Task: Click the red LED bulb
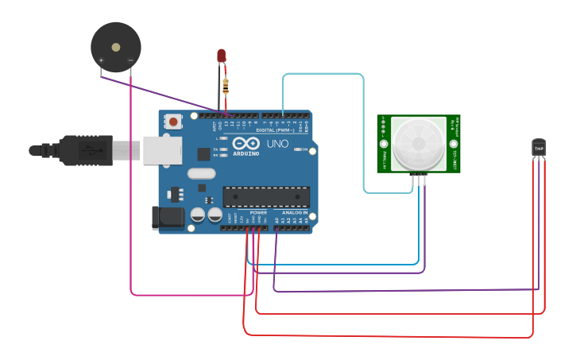click(222, 56)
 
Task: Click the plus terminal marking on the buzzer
click(101, 60)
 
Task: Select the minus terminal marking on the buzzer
click(130, 60)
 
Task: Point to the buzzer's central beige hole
click(116, 47)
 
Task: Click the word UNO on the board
click(277, 144)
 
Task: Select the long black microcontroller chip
click(266, 196)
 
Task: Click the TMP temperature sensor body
click(539, 148)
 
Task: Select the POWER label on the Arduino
click(258, 213)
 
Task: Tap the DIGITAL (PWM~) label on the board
click(274, 130)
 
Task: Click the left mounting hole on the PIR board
click(384, 145)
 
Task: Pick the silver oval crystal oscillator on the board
click(202, 173)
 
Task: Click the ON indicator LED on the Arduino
click(295, 149)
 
